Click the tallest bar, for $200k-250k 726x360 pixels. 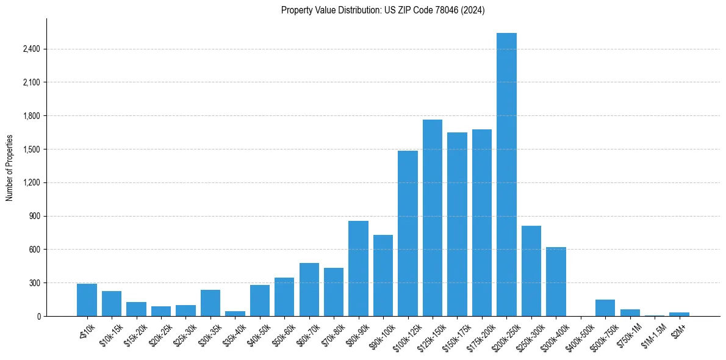506,175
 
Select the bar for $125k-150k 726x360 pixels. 433,218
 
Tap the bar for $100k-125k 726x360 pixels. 408,234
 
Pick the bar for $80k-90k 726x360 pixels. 358,268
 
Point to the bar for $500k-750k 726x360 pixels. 605,308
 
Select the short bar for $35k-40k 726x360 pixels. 235,314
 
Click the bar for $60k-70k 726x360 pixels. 309,290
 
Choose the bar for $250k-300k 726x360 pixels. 531,271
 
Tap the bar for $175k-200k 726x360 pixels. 482,223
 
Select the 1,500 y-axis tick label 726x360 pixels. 31,149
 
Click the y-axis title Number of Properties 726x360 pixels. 10,168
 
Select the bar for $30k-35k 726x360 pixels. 210,303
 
